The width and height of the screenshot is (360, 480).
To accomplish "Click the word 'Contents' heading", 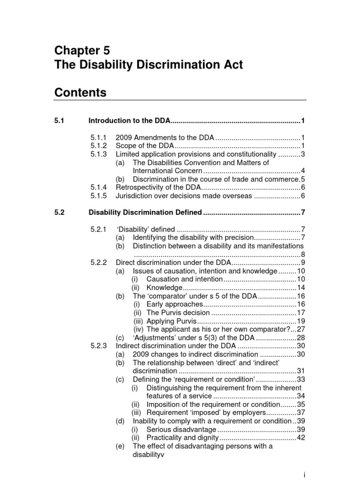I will click(x=80, y=93).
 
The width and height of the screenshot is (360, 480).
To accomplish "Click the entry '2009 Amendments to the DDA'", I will click(x=165, y=137).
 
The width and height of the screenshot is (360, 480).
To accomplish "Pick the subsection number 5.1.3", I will click(x=99, y=154).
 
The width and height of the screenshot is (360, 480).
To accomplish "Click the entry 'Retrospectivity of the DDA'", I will click(x=158, y=187).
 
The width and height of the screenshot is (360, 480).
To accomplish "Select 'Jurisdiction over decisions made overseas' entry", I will click(x=184, y=195).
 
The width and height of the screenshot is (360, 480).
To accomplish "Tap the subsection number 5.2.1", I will click(x=99, y=229).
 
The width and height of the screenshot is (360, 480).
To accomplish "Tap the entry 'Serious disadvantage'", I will click(x=181, y=429).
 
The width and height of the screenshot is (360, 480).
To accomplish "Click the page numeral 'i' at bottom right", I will click(x=305, y=475).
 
